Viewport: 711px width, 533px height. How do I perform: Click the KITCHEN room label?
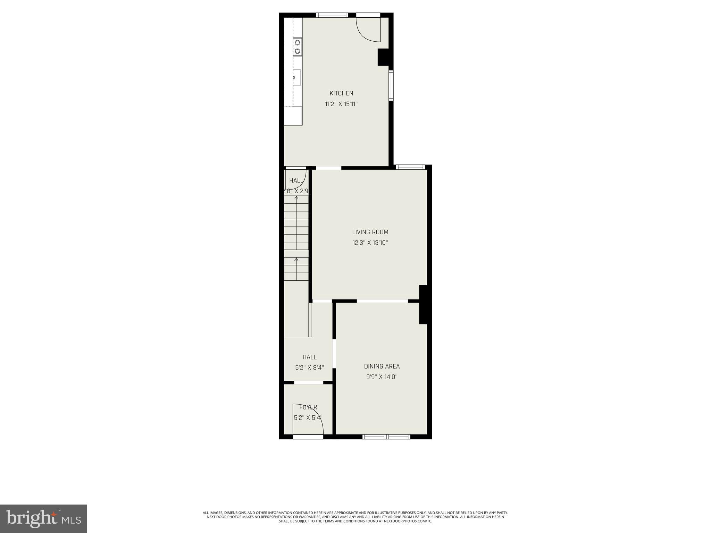[x=341, y=93]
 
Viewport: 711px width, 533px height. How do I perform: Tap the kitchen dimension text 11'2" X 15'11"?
[x=341, y=104]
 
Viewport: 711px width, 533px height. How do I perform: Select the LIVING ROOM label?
[x=370, y=232]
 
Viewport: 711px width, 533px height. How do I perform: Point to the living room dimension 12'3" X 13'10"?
[x=370, y=243]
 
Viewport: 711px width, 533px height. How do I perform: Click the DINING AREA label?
[x=382, y=366]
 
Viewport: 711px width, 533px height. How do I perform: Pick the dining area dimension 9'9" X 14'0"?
[x=382, y=377]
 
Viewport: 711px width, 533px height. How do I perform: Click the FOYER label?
[x=308, y=407]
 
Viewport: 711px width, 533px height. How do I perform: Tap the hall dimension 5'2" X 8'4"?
[x=309, y=367]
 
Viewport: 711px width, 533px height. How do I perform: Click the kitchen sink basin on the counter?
[x=296, y=77]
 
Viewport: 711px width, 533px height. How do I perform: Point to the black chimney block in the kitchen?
[x=384, y=57]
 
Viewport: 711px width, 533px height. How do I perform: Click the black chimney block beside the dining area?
[x=424, y=305]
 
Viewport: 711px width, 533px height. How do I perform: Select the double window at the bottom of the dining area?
[x=386, y=437]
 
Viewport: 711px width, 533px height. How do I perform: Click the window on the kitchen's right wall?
[x=391, y=85]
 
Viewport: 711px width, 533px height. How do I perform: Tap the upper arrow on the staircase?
[x=296, y=198]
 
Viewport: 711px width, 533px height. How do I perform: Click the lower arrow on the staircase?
[x=296, y=259]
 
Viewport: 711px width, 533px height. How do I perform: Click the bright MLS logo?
[x=43, y=518]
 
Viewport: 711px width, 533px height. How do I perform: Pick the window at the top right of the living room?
[x=411, y=167]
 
